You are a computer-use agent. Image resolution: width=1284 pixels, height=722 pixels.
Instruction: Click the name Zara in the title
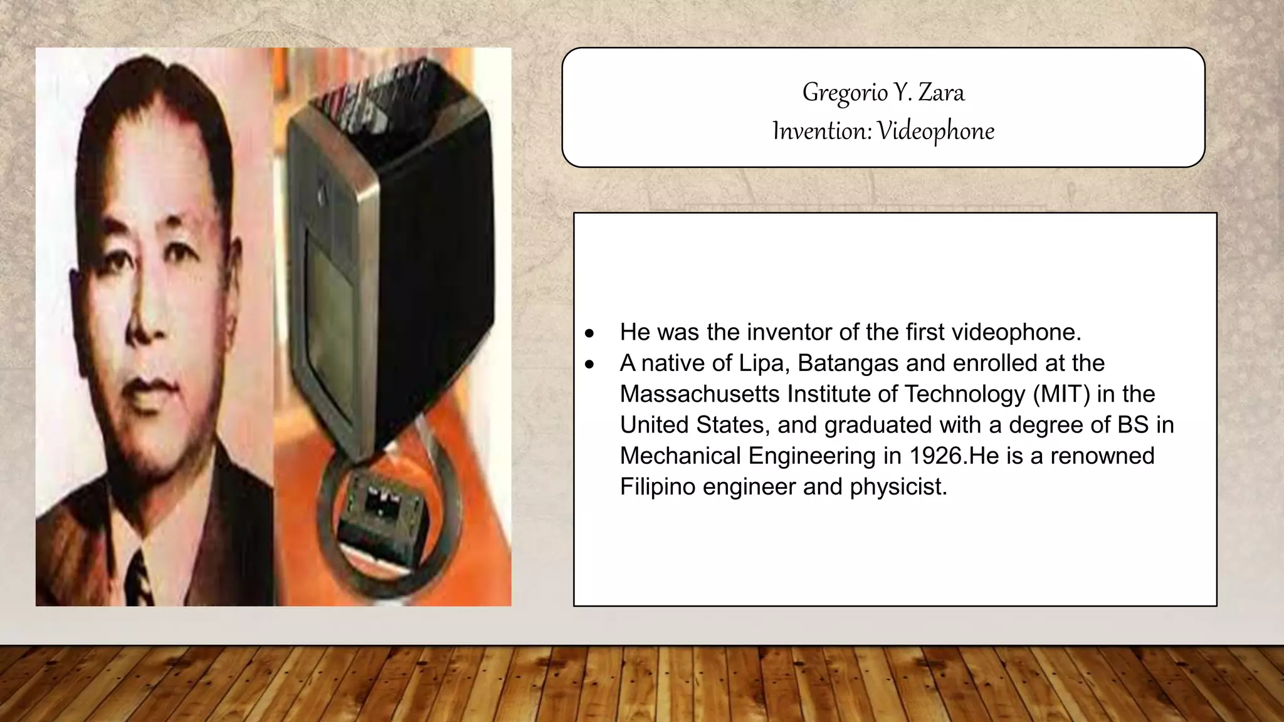click(x=941, y=93)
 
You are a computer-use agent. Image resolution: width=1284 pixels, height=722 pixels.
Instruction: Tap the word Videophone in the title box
click(x=935, y=131)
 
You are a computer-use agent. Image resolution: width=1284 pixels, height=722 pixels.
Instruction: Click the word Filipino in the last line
click(x=658, y=486)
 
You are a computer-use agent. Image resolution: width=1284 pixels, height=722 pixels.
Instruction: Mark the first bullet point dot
click(x=589, y=333)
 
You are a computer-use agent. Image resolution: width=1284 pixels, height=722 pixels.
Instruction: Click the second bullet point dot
click(x=589, y=364)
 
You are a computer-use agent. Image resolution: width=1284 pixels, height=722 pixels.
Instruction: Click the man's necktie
click(x=139, y=580)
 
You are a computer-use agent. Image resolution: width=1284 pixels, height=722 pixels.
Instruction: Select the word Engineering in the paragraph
click(x=812, y=456)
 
